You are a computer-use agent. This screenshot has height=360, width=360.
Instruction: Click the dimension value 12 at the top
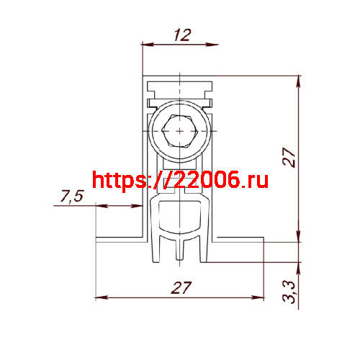point(183,35)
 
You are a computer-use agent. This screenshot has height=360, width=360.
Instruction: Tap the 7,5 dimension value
point(72,197)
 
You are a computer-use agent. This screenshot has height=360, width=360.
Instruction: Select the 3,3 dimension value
point(289,292)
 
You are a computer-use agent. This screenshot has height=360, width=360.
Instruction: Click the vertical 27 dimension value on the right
point(289,157)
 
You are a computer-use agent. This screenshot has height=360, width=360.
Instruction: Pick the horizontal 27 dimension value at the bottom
point(181,287)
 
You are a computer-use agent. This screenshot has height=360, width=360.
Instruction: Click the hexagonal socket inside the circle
point(180,131)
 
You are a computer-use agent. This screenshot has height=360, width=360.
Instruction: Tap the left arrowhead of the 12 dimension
point(148,45)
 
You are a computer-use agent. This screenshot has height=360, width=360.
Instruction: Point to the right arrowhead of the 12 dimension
point(212,45)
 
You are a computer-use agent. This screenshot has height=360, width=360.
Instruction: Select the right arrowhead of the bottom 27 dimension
point(258,297)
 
